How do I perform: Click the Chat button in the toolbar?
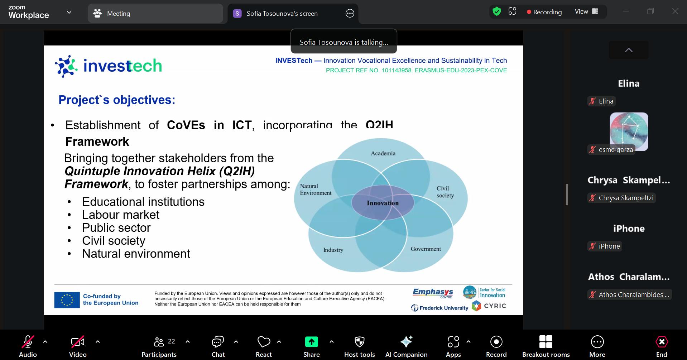pos(218,346)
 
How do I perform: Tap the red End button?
pos(661,346)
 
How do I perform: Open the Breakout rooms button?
pos(546,346)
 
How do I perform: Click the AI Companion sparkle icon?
pos(406,342)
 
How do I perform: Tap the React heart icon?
pos(264,342)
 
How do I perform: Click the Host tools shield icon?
pos(359,342)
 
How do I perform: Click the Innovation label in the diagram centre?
pos(383,203)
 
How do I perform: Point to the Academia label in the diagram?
pos(383,153)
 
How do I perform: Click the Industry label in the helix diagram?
pos(333,250)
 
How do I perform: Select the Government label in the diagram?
pos(426,249)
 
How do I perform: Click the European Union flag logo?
pos(67,300)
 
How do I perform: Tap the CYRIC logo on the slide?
pos(489,306)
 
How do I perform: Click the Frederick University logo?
pos(439,308)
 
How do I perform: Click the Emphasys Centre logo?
pos(433,293)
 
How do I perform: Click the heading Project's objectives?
pos(117,100)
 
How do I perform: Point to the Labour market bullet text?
pos(121,215)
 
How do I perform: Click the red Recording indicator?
pos(544,12)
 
